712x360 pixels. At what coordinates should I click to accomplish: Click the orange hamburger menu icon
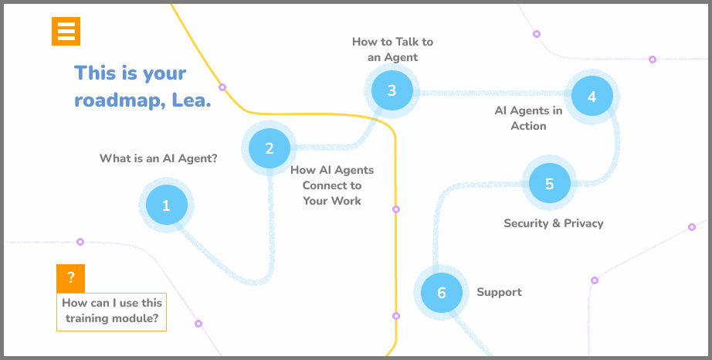(66, 31)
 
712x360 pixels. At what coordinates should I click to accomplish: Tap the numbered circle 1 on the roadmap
(165, 205)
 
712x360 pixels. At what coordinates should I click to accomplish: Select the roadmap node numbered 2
(269, 148)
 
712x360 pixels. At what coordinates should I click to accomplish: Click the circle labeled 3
(392, 90)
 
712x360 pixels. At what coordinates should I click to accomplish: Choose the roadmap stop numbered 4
(592, 97)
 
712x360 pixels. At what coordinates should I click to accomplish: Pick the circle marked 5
(549, 184)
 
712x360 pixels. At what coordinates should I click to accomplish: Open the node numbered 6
(442, 293)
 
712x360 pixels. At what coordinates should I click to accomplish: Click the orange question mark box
(70, 278)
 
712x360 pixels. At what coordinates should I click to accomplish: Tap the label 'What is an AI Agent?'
(158, 158)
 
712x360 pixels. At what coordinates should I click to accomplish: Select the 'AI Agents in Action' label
(528, 117)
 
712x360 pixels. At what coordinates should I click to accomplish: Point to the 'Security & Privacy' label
(553, 223)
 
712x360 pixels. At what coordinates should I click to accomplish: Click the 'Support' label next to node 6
(499, 292)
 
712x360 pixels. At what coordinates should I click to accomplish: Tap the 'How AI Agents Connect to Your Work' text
(332, 185)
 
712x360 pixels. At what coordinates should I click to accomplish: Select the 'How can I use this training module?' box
(112, 311)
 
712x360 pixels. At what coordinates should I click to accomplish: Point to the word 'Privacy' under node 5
(584, 223)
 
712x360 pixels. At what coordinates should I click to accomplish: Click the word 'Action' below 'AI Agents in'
(528, 126)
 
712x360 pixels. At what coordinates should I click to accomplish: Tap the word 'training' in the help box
(89, 318)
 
